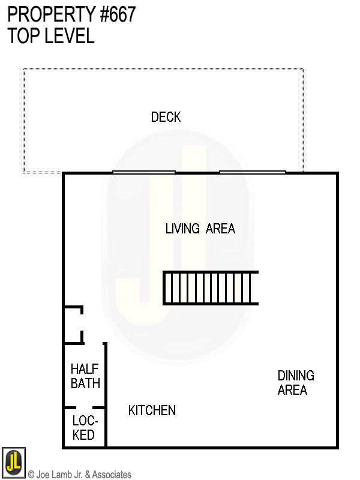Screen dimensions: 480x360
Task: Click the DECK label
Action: (x=166, y=117)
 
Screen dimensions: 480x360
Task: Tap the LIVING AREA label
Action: (x=200, y=229)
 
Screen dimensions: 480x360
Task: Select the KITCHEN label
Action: (x=152, y=410)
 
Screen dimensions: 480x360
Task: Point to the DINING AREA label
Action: (x=295, y=383)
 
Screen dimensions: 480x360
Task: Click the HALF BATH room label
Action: (x=85, y=376)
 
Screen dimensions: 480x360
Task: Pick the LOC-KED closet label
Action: (x=84, y=428)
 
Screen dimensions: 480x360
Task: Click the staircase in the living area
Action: (x=211, y=288)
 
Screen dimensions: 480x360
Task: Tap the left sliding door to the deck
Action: (x=144, y=172)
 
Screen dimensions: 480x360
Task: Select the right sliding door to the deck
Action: (x=252, y=172)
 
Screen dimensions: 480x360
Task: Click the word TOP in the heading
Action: (x=23, y=35)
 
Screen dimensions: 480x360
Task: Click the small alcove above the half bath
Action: (x=73, y=325)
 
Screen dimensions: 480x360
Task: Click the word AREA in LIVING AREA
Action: (x=220, y=229)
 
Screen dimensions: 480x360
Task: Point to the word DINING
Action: (x=295, y=376)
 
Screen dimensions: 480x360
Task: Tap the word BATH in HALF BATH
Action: (x=85, y=383)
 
